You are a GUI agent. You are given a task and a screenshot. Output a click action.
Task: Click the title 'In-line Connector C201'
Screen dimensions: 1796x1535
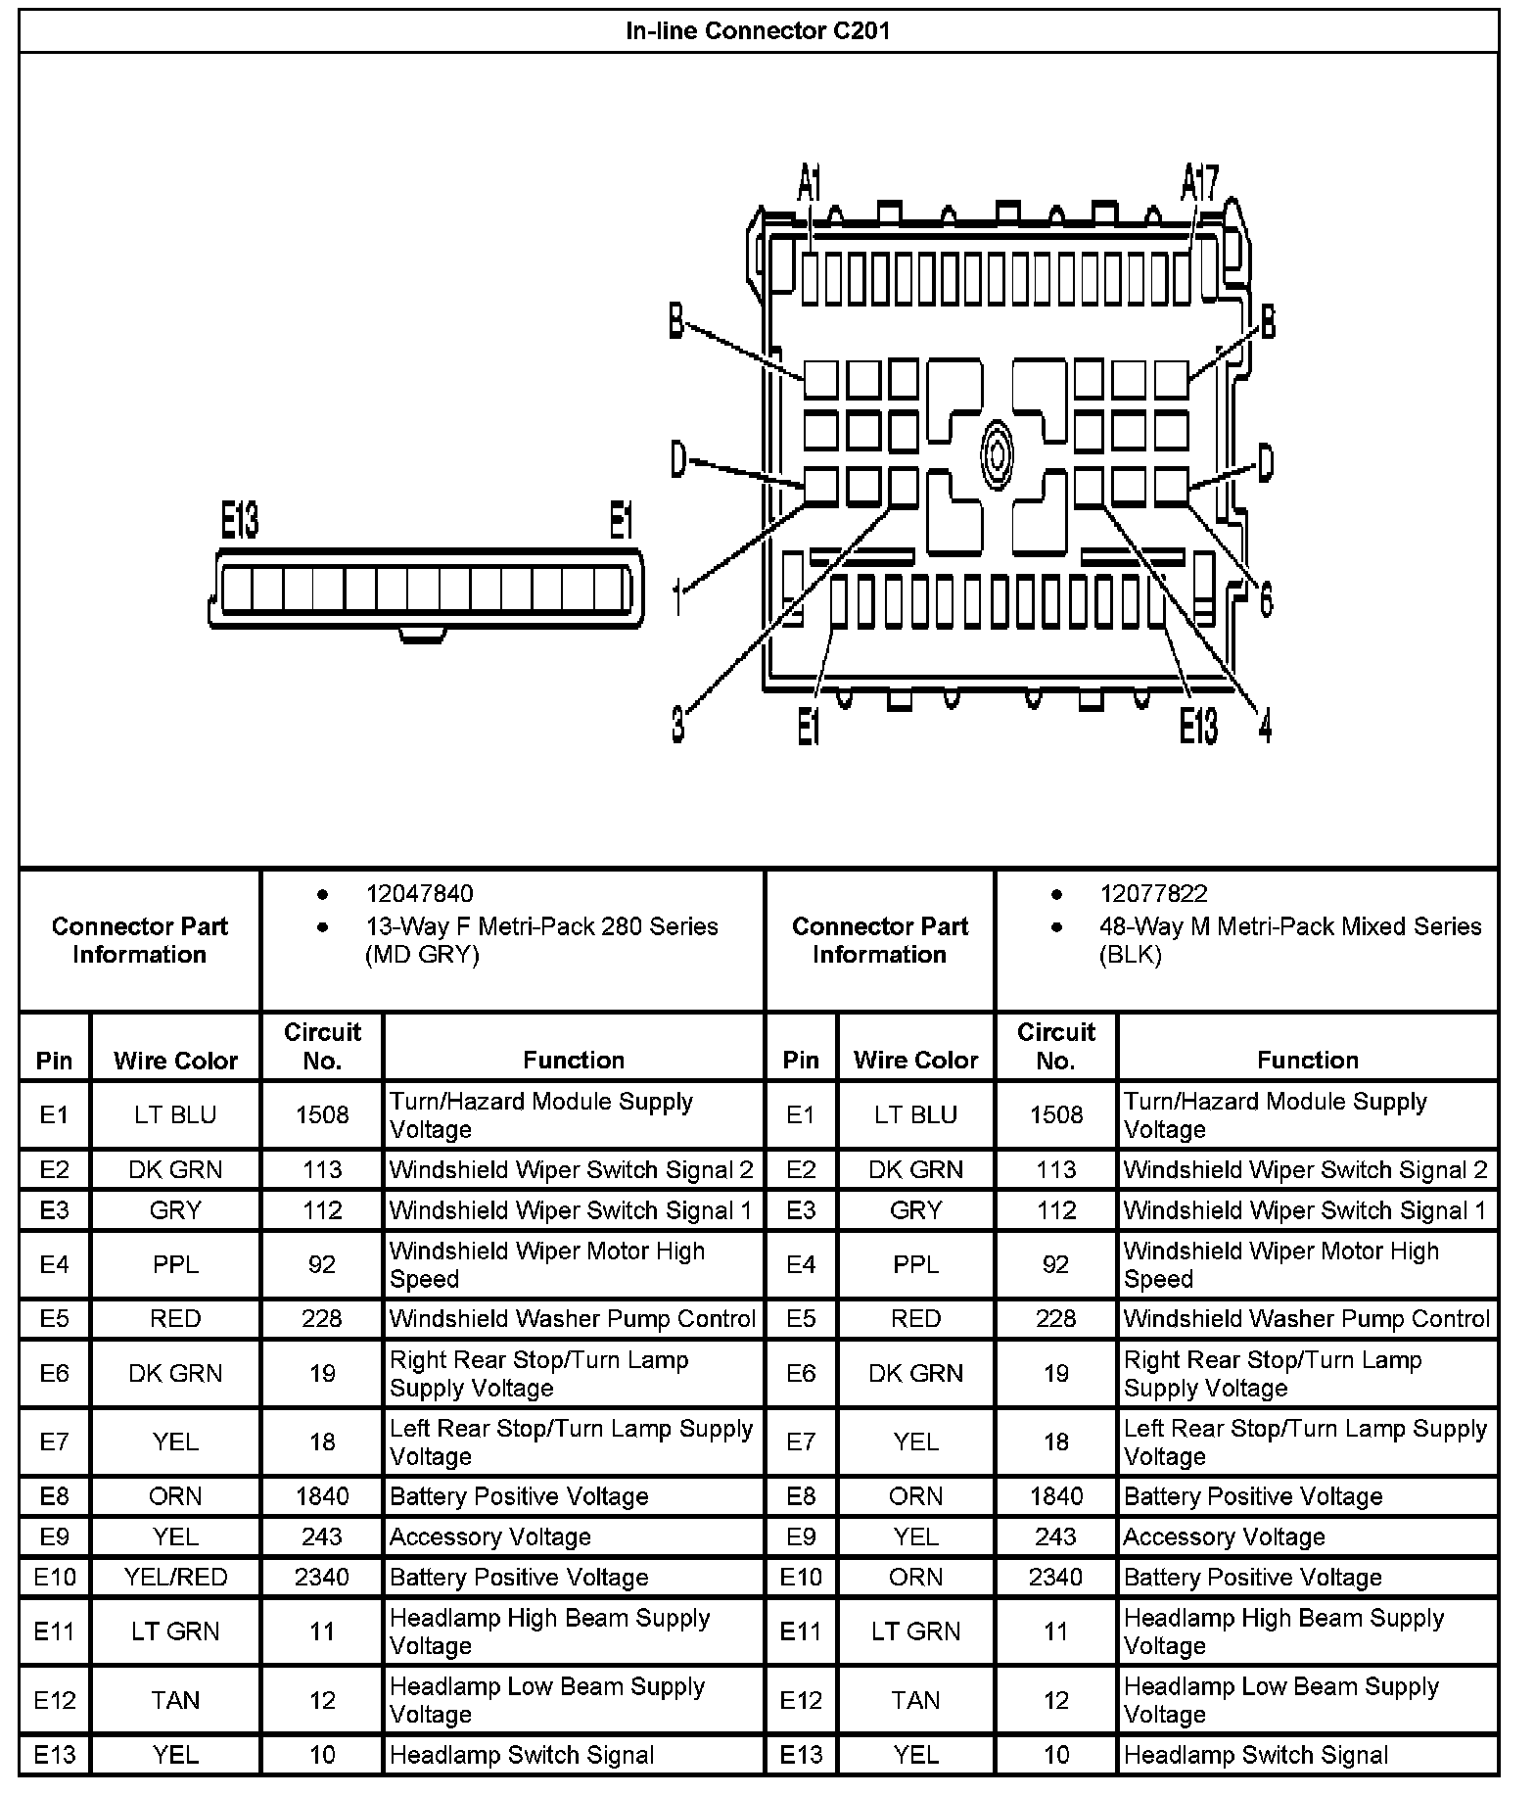click(x=758, y=31)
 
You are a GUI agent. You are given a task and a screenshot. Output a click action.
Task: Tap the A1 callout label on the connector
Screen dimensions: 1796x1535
click(x=810, y=183)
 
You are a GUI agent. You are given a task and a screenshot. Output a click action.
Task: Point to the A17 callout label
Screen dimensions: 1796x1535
click(x=1199, y=183)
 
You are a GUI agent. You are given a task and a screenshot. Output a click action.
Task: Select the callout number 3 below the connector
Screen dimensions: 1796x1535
click(x=677, y=725)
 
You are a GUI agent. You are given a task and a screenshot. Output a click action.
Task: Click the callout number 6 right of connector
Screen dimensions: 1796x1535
click(x=1265, y=598)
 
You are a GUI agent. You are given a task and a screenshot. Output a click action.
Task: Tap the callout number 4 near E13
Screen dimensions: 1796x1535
click(x=1264, y=726)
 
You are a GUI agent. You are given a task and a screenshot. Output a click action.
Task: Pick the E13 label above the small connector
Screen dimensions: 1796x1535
click(x=240, y=521)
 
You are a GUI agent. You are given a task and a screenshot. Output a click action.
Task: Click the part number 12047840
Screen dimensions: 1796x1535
click(x=419, y=894)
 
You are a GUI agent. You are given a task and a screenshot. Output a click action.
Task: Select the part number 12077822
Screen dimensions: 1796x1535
click(x=1153, y=894)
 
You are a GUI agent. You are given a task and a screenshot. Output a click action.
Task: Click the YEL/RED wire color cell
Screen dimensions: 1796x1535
click(x=175, y=1578)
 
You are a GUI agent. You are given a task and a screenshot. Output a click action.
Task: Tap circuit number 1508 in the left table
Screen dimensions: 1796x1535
click(x=322, y=1115)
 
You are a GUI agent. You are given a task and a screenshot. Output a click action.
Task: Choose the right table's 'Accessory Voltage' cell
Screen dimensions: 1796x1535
click(x=1224, y=1537)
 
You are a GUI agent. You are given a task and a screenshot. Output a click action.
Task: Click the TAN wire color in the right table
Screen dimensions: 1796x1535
click(x=915, y=1701)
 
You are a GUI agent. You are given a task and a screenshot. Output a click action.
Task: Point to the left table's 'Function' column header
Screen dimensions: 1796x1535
click(x=574, y=1060)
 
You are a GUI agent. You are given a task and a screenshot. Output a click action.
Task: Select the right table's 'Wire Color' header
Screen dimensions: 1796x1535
click(x=915, y=1060)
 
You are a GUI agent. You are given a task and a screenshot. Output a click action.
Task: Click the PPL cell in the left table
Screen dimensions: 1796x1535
click(x=175, y=1265)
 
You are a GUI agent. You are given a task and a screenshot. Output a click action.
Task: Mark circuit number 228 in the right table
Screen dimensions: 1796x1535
click(x=1055, y=1319)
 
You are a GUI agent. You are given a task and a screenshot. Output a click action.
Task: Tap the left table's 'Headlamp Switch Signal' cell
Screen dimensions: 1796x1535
click(x=522, y=1755)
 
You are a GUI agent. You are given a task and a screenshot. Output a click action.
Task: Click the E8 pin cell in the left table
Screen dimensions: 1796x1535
click(x=55, y=1496)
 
